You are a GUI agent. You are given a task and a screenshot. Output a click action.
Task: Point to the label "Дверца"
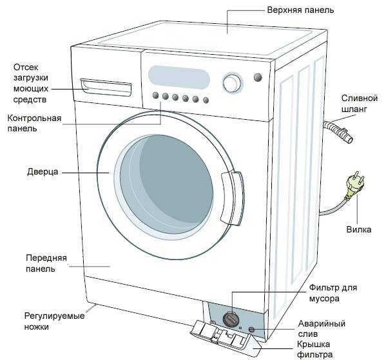(43, 173)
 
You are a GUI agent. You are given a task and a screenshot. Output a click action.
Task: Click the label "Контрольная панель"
(35, 123)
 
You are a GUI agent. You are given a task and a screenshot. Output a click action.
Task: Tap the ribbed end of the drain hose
(339, 131)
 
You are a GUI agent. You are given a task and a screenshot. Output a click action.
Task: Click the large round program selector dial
(231, 84)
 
